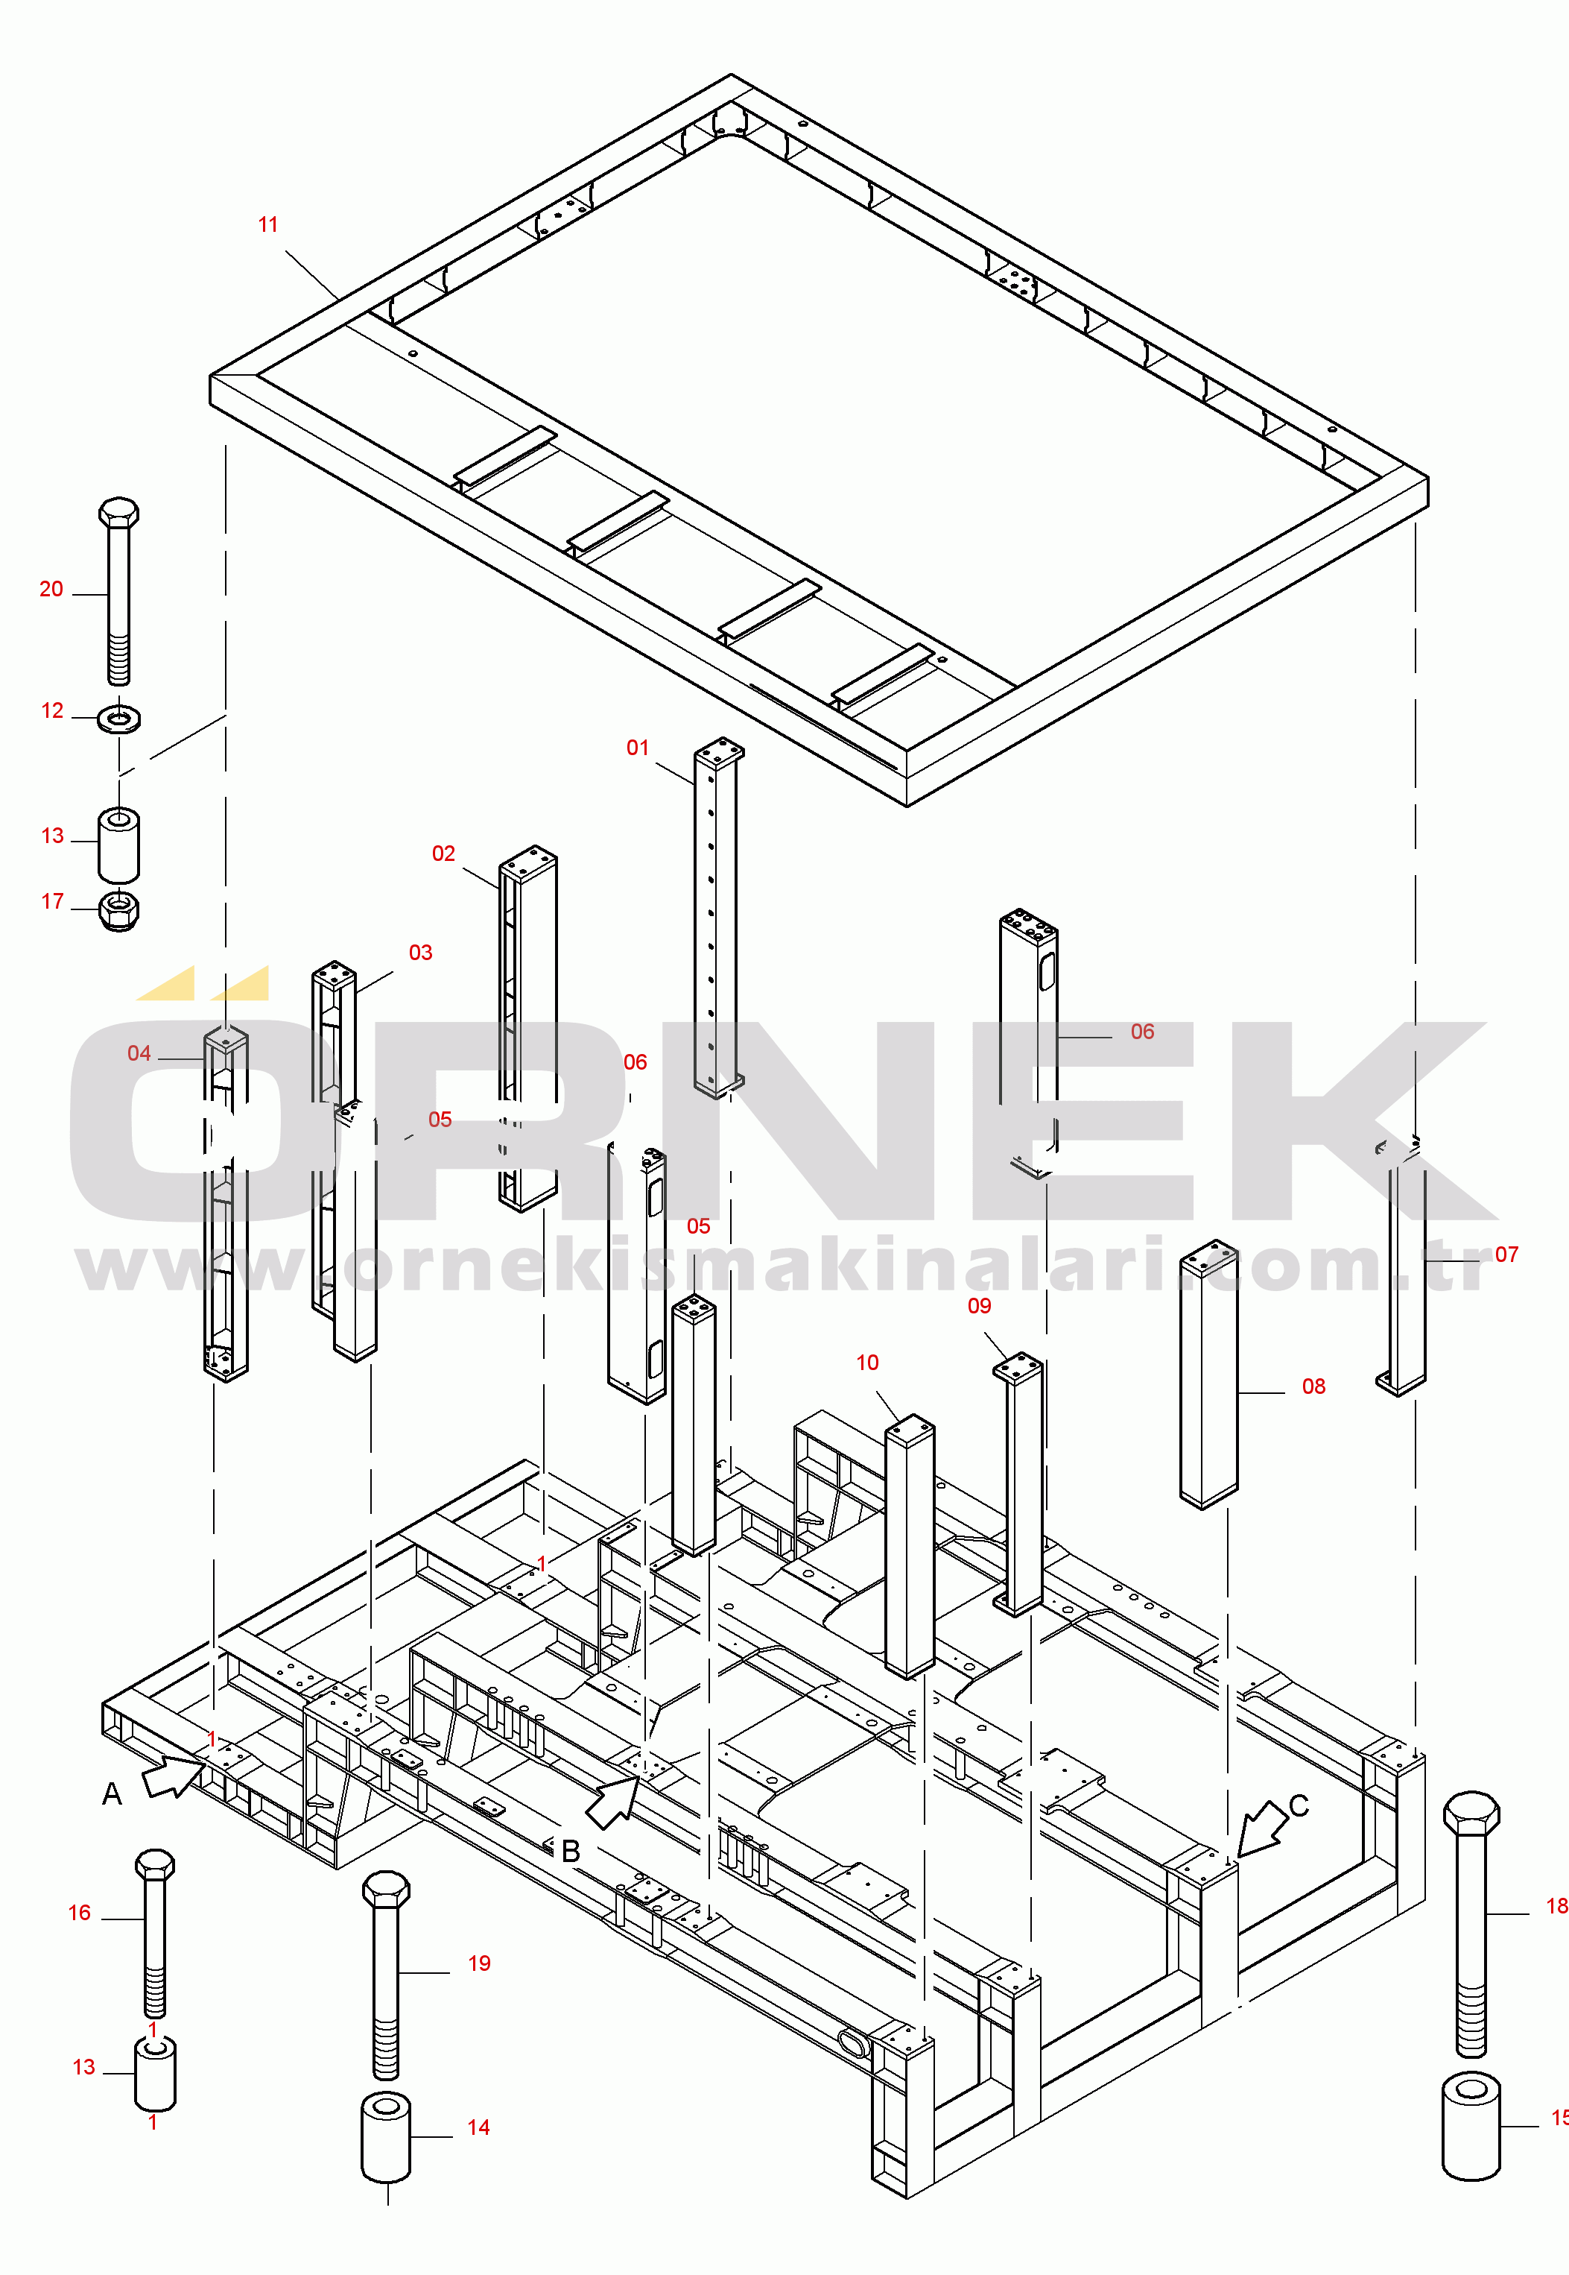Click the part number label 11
tap(267, 225)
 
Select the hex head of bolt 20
tap(119, 512)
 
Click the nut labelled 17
tap(119, 910)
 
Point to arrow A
tap(173, 1776)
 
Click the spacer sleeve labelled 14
tap(387, 2137)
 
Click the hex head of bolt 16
tap(154, 1864)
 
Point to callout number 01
tap(638, 748)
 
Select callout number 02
tap(443, 853)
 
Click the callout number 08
tap(1313, 1386)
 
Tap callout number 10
tap(867, 1363)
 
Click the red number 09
tap(979, 1306)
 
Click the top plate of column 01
tap(720, 748)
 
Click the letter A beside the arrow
tap(112, 1795)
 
